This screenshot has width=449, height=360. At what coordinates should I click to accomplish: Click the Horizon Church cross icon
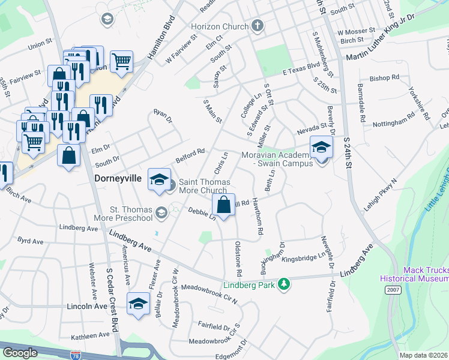[x=258, y=26]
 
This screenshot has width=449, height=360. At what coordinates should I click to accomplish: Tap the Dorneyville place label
[x=119, y=178]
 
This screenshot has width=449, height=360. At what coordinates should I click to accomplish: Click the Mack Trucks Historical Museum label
[x=414, y=274]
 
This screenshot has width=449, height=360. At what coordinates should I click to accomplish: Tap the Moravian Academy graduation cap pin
[x=321, y=148]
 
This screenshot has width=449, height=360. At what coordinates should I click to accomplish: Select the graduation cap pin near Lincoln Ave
[x=138, y=304]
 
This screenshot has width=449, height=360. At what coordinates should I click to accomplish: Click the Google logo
[x=20, y=353]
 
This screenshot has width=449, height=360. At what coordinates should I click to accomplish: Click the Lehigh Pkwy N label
[x=381, y=194]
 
